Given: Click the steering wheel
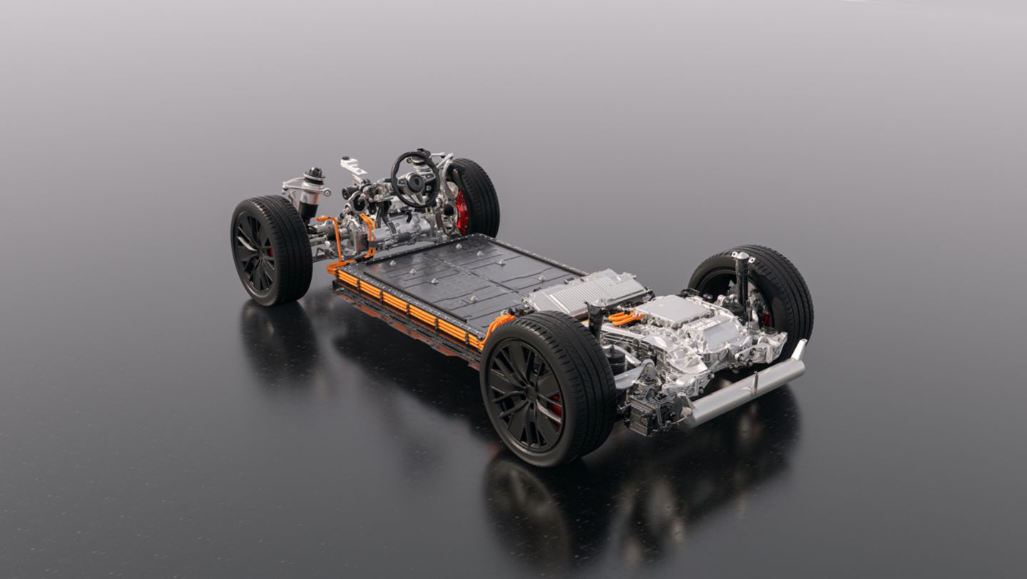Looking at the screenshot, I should pos(414,178).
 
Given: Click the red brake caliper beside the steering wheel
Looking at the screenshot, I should pos(462,212).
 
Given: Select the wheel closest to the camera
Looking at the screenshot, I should pos(548,388).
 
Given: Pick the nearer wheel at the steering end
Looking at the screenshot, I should pos(271,250).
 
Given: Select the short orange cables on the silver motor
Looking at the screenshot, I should pos(625,318).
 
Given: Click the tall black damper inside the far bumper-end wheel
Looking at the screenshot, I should pos(742,282).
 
